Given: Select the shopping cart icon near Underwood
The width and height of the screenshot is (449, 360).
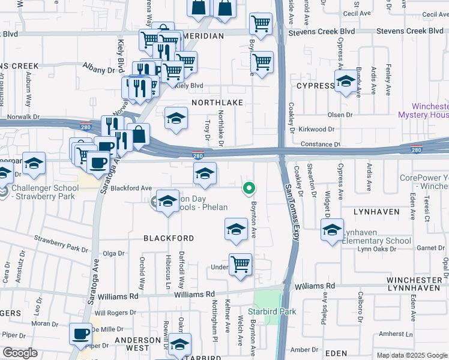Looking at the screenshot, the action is click(240, 264).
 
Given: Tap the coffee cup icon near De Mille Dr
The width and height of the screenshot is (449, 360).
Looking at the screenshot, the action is click(80, 334).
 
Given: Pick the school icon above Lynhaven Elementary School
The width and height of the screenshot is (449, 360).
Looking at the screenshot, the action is click(332, 229).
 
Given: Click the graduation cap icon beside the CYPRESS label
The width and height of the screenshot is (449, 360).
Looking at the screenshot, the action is click(346, 82).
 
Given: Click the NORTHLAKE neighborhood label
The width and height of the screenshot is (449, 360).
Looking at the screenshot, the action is click(217, 103).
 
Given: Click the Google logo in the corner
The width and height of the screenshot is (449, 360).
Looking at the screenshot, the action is click(19, 353).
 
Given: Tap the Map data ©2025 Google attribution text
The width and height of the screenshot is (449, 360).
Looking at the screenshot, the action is click(411, 355).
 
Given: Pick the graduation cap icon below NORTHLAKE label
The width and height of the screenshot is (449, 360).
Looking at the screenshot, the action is click(176, 117).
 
